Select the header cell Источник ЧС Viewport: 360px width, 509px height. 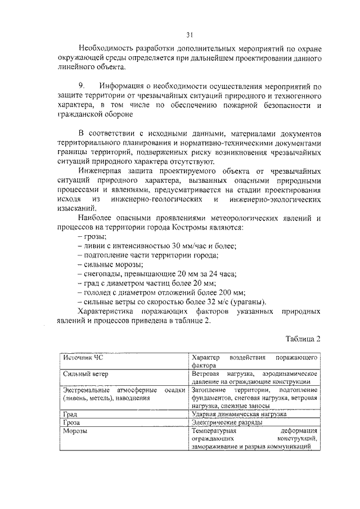click(83, 358)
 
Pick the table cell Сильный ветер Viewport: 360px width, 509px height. click(85, 373)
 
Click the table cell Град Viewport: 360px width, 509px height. click(70, 413)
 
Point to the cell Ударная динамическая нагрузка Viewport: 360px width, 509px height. click(239, 413)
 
